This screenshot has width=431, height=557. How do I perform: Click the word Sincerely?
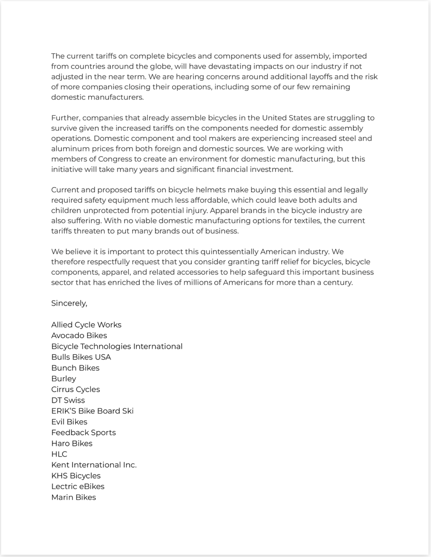click(x=69, y=303)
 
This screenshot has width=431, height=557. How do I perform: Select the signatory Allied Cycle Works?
click(x=86, y=325)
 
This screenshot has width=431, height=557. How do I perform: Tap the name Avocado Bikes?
click(x=79, y=336)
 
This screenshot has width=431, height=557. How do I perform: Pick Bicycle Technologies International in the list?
click(x=117, y=346)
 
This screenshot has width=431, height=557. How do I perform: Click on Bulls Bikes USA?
click(x=81, y=357)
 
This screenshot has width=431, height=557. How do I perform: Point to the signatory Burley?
click(x=64, y=379)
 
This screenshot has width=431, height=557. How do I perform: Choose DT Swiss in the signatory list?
click(x=68, y=400)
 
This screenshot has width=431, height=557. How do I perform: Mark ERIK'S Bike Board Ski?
click(x=92, y=411)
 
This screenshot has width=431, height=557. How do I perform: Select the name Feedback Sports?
click(x=84, y=433)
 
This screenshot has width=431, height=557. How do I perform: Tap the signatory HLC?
click(x=59, y=454)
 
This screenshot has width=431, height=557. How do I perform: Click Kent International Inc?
click(x=94, y=465)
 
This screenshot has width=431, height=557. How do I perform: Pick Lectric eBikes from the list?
click(x=78, y=487)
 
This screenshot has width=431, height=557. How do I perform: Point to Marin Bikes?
click(x=74, y=497)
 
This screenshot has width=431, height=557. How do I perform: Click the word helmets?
click(x=211, y=190)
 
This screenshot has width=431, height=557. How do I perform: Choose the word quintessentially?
click(x=229, y=252)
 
